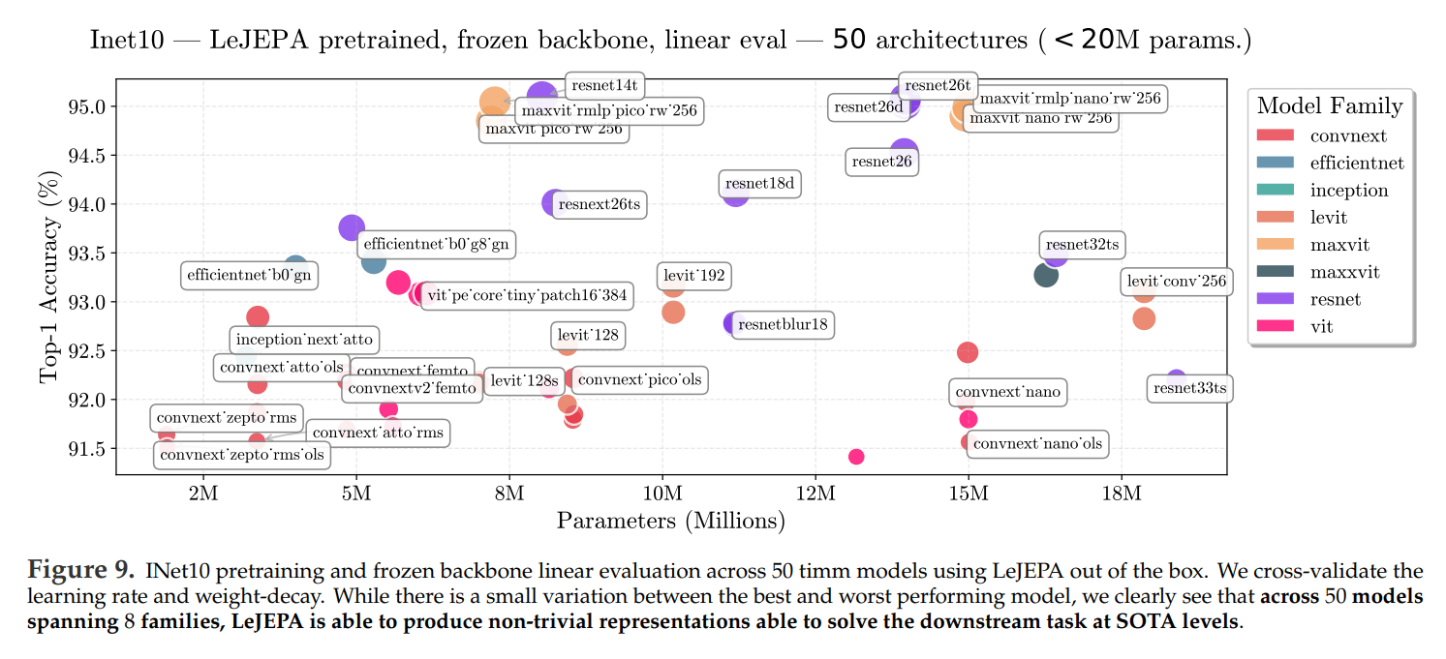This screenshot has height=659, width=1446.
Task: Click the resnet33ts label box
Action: click(1190, 389)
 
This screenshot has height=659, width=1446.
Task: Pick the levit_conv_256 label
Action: click(1177, 283)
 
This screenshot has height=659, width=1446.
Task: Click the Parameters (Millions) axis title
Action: click(670, 522)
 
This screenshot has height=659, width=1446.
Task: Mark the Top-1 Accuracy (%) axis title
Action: click(48, 278)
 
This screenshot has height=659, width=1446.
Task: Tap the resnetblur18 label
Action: click(783, 324)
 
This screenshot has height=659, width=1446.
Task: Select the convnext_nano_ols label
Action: click(1036, 444)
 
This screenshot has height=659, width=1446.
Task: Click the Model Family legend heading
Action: click(1329, 105)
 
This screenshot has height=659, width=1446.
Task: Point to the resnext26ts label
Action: click(599, 204)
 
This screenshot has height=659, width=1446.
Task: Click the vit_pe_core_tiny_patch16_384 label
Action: click(527, 295)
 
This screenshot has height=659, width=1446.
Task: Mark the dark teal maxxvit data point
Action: click(1046, 275)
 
